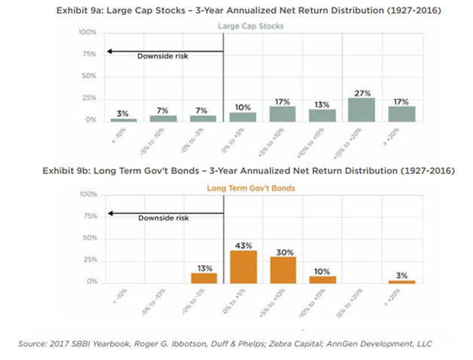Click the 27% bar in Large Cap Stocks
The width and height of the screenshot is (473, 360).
click(x=362, y=109)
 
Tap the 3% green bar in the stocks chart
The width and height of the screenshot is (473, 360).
click(x=124, y=119)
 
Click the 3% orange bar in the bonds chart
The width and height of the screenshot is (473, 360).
click(x=401, y=282)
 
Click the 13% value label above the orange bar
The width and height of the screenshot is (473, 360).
click(x=203, y=267)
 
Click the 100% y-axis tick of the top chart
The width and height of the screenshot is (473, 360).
click(x=87, y=33)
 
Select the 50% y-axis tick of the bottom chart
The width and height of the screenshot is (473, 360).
click(x=89, y=239)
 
